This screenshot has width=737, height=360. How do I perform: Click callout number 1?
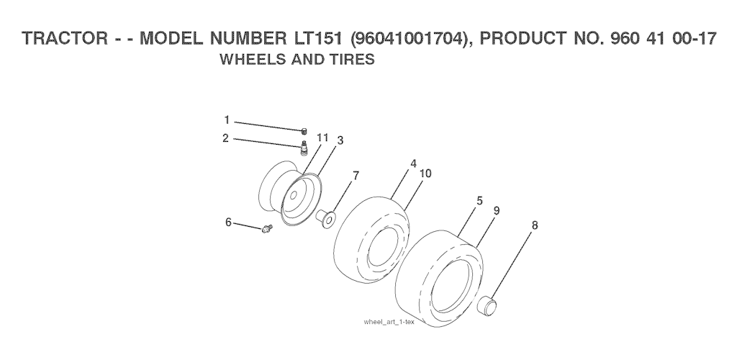(x=227, y=120)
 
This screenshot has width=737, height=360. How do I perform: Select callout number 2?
(x=225, y=138)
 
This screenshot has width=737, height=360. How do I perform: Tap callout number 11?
(x=322, y=138)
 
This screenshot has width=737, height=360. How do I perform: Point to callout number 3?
(x=340, y=140)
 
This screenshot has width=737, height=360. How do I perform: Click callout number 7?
(x=356, y=176)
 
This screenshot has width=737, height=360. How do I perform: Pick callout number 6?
(x=228, y=222)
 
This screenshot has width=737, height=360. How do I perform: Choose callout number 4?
(x=413, y=163)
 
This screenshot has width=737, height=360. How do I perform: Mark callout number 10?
(x=425, y=174)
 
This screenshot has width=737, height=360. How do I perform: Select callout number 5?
(x=479, y=201)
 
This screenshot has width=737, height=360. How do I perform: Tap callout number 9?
(x=497, y=210)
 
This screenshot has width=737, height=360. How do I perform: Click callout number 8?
(x=535, y=225)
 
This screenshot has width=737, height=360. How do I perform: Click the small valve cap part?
(x=304, y=130)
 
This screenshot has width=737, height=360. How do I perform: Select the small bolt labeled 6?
(x=267, y=229)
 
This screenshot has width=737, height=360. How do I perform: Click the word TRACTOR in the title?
(x=65, y=38)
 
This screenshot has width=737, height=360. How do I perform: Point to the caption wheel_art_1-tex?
(x=389, y=322)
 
